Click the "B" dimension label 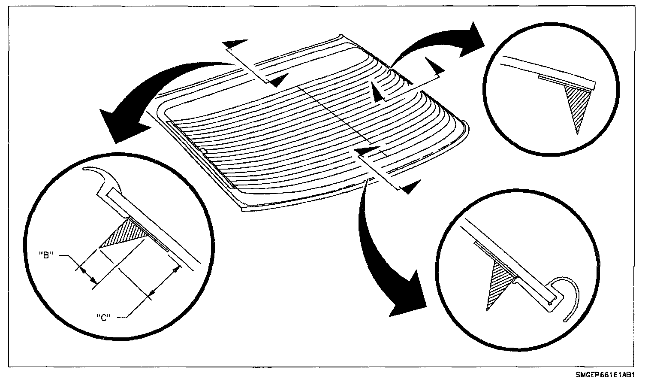45,255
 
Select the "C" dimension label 104,317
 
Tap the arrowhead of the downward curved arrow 407,300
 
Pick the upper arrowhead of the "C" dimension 175,270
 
